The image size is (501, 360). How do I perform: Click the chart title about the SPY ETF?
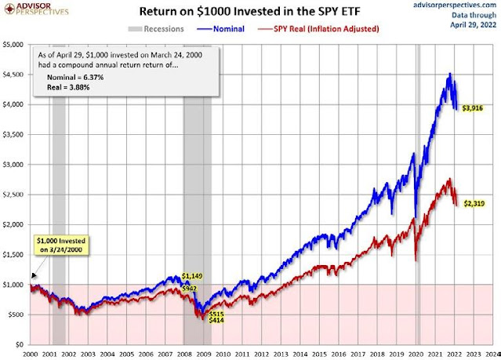(x=249, y=13)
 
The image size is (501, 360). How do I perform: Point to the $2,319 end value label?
(x=473, y=203)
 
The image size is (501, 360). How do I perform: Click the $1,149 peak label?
(x=193, y=276)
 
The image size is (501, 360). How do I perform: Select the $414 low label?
(x=217, y=321)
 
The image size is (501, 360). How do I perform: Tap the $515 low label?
(x=216, y=313)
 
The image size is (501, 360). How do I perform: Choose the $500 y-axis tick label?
(x=16, y=315)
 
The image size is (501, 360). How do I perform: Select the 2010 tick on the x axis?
(x=226, y=354)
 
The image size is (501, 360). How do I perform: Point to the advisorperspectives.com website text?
(x=453, y=5)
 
